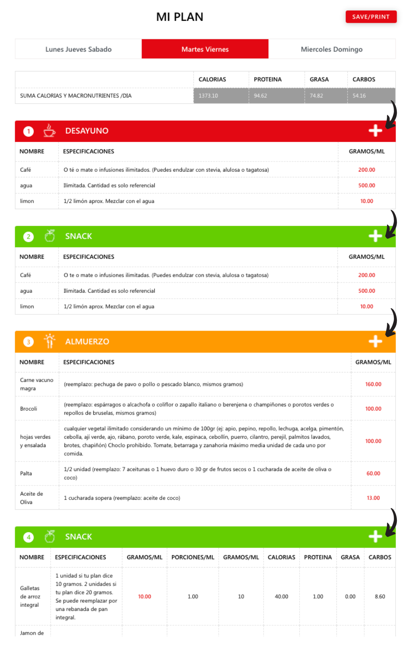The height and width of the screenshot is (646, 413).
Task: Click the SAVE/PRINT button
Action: [371, 17]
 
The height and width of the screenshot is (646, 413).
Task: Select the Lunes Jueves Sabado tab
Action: [78, 49]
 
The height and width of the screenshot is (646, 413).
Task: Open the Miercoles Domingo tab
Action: [332, 49]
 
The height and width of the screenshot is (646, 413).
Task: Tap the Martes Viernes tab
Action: [205, 49]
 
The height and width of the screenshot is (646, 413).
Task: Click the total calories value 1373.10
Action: [208, 96]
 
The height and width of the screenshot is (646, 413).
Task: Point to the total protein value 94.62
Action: [260, 96]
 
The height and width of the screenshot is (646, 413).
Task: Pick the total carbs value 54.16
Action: [359, 96]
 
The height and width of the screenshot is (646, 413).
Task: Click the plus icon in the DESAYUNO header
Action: [375, 131]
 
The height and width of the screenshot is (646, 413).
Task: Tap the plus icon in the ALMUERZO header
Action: [375, 341]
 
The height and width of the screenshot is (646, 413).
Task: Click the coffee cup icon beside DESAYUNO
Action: [49, 130]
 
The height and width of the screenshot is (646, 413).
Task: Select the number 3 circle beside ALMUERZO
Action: [28, 342]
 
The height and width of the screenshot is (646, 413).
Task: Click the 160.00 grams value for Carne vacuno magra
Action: [373, 384]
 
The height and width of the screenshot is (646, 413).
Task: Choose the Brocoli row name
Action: [29, 409]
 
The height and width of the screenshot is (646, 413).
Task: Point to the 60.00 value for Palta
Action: [373, 474]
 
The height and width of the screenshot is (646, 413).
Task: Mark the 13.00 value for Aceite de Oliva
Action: [373, 498]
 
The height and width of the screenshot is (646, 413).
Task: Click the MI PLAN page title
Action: [180, 17]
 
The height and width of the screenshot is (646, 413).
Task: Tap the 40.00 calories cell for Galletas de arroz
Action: [281, 597]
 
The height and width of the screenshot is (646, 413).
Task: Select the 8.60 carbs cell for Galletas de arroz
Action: [380, 597]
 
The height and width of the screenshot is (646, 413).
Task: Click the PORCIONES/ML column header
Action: [193, 557]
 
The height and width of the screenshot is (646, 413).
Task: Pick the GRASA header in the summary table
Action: [319, 79]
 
